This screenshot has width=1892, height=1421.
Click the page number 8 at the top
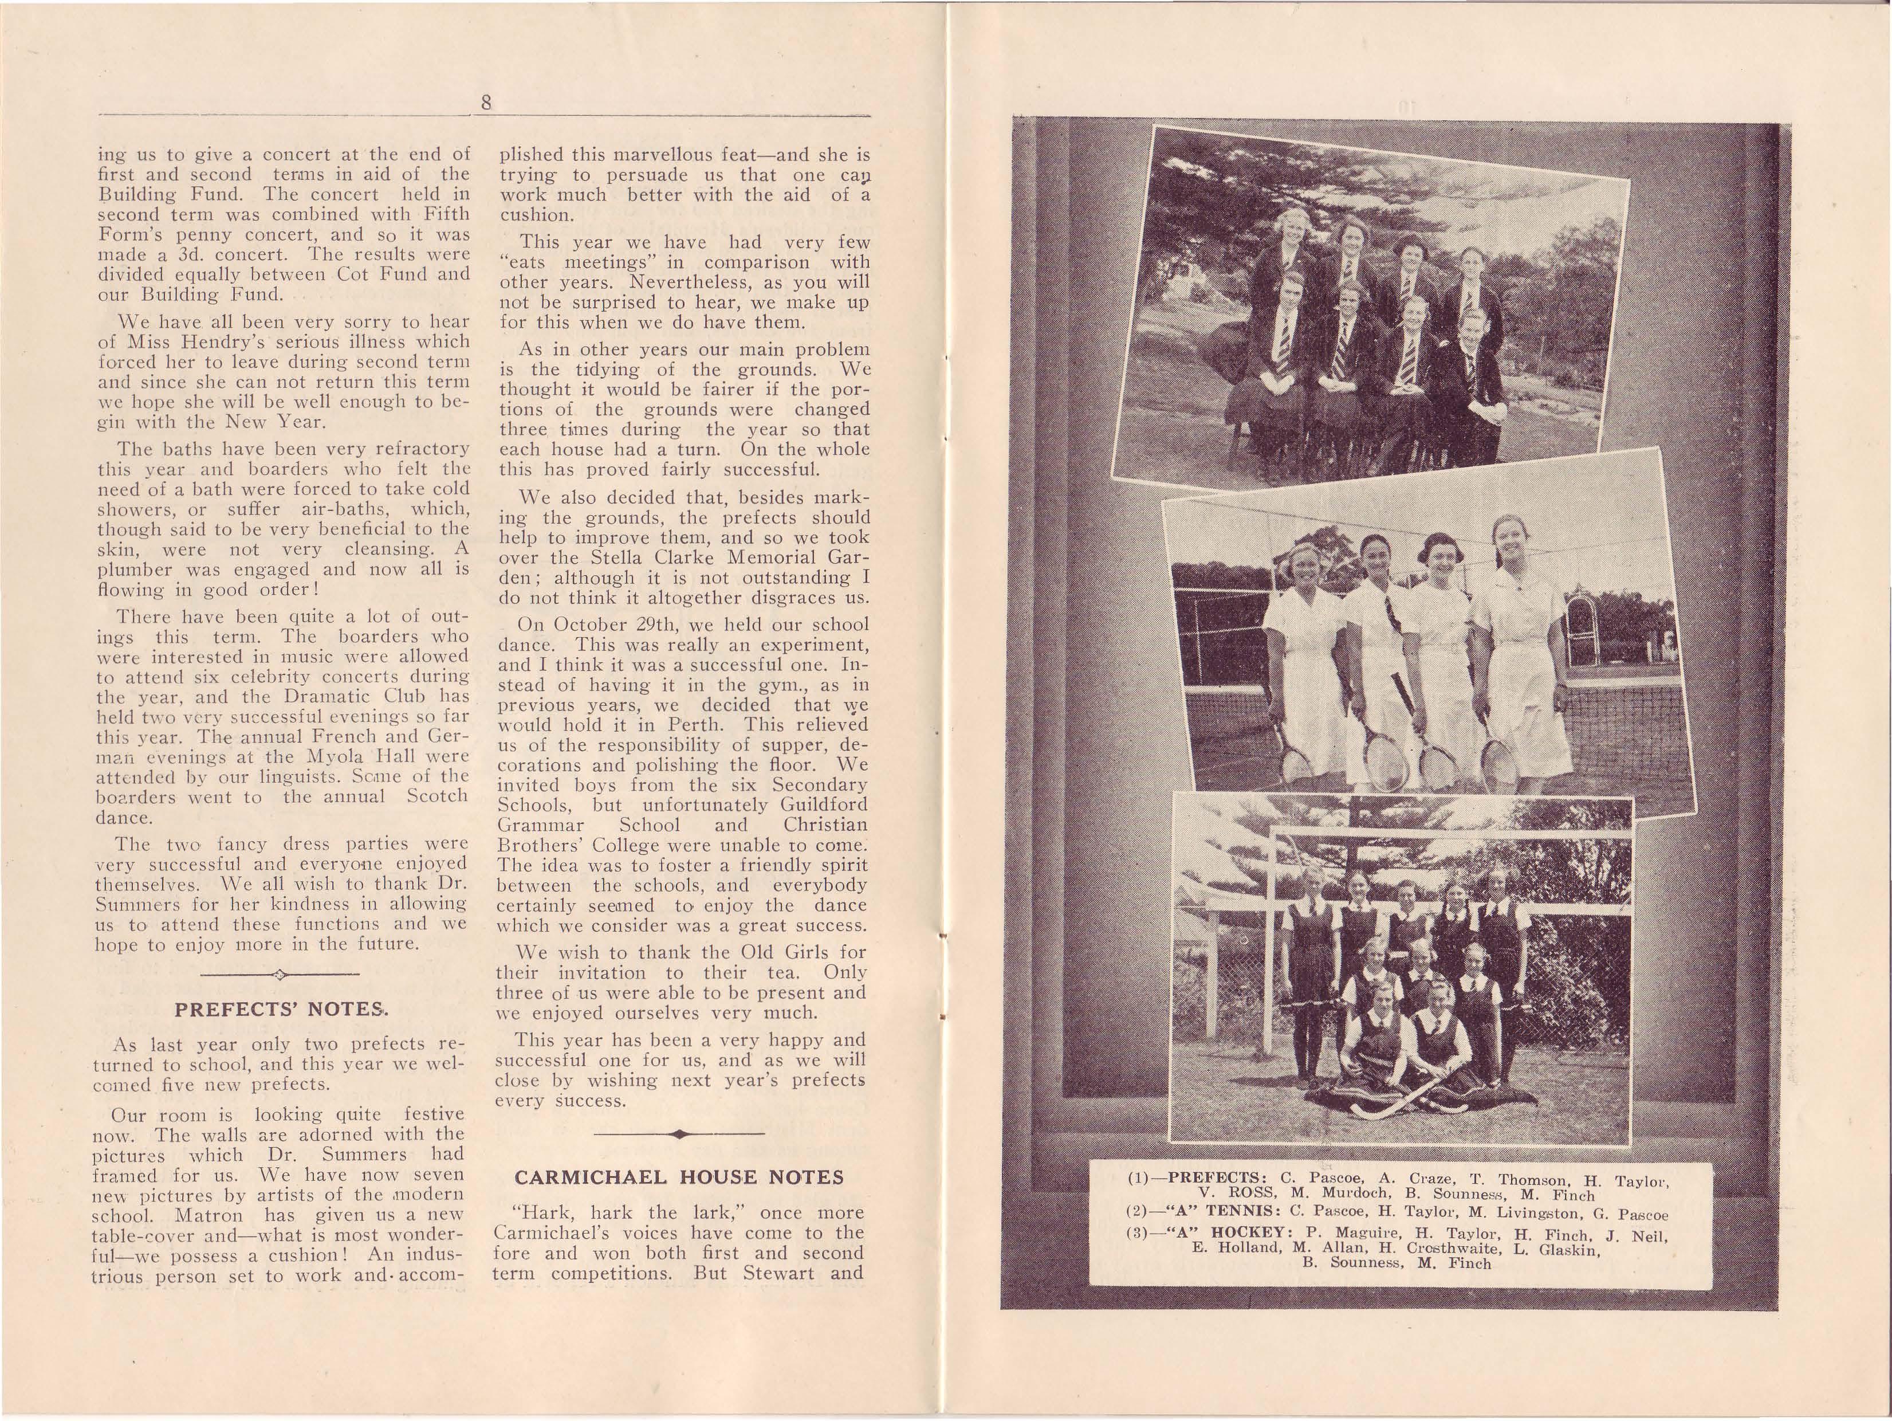pyautogui.click(x=486, y=103)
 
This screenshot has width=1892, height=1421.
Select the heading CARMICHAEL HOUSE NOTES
pyautogui.click(x=679, y=1177)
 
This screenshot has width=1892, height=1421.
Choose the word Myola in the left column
pyautogui.click(x=331, y=756)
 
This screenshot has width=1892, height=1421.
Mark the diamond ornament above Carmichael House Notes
pyautogui.click(x=678, y=1135)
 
